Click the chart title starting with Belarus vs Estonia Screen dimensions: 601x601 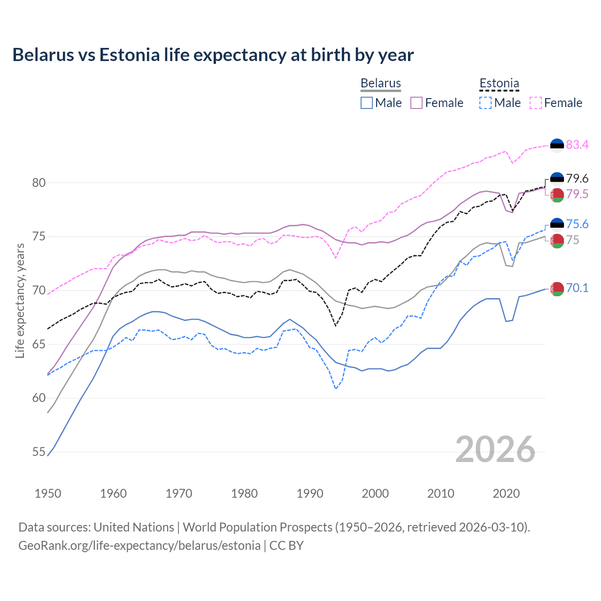(x=213, y=55)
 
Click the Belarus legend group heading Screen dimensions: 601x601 (x=380, y=84)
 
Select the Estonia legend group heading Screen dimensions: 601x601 (x=499, y=84)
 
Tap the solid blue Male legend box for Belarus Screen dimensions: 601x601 (x=367, y=103)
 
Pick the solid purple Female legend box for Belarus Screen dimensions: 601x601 (x=416, y=103)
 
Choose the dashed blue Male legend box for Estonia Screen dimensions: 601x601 (x=485, y=103)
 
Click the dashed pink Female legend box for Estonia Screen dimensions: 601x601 (x=536, y=103)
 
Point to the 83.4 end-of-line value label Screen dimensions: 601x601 (x=577, y=145)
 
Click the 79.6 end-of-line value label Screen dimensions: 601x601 (x=577, y=178)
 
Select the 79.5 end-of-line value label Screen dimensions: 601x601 (x=577, y=194)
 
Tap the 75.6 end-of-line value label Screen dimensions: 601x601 (x=577, y=224)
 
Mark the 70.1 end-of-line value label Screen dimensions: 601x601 (x=577, y=288)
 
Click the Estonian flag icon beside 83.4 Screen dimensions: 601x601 (x=557, y=145)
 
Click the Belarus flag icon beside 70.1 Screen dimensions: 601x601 (x=557, y=289)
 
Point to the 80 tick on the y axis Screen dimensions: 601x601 (x=39, y=183)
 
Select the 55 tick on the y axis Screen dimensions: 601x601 (x=39, y=452)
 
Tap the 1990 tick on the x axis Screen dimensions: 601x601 (x=310, y=493)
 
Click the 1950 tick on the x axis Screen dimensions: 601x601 (x=48, y=493)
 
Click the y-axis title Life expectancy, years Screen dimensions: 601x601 (x=20, y=300)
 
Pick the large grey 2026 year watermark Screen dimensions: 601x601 (x=495, y=449)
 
